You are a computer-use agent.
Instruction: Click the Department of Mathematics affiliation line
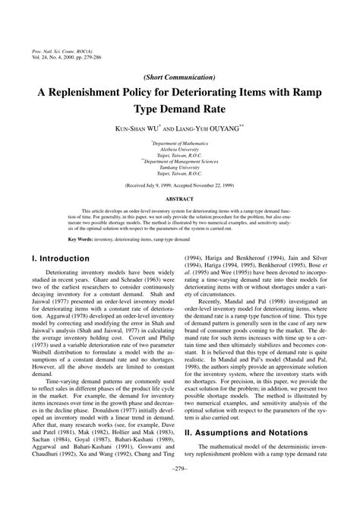pos(180,143)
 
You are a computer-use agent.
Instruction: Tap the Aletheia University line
pos(180,150)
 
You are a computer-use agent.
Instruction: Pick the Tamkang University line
pos(180,169)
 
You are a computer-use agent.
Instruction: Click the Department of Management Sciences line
pos(181,162)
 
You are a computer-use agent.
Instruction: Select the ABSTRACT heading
pos(180,200)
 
